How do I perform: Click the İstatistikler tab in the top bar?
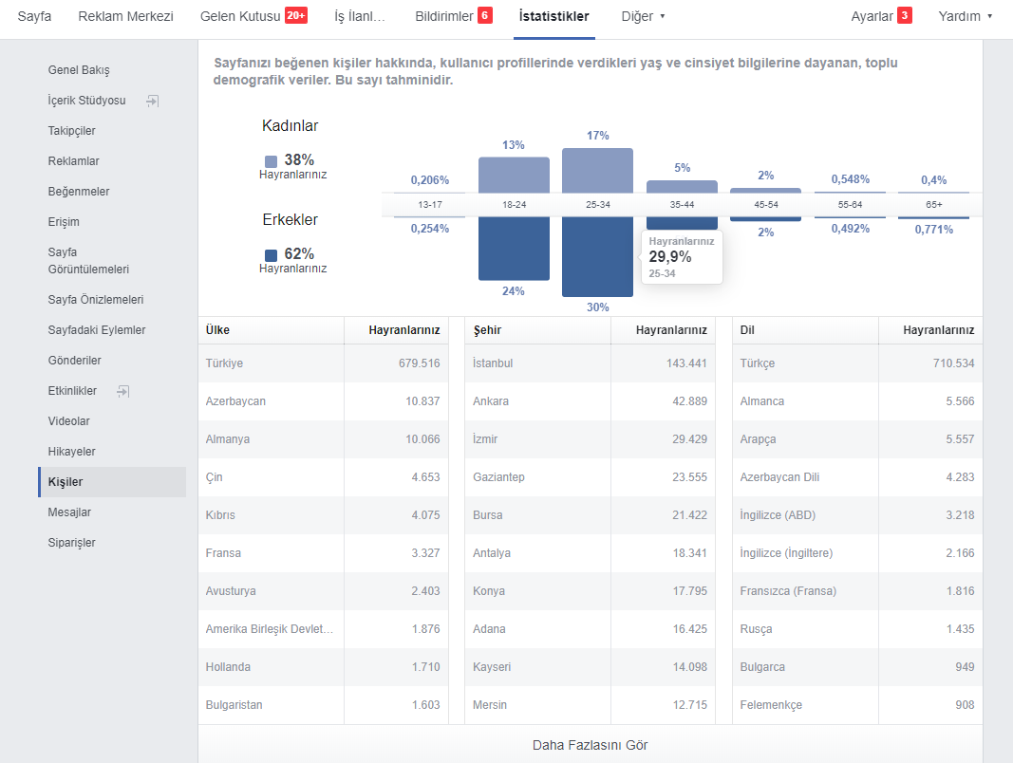point(553,16)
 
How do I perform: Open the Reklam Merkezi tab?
point(126,16)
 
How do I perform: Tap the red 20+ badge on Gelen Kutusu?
point(296,15)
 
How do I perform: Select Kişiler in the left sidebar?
point(66,481)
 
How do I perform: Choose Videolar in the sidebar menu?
point(68,420)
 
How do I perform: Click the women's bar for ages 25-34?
point(597,171)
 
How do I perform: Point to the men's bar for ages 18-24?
point(514,249)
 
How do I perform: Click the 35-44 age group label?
point(682,205)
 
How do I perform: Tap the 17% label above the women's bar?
point(597,136)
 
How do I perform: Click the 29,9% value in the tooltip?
point(670,257)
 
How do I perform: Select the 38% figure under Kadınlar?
point(299,159)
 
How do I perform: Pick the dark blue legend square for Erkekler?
point(272,255)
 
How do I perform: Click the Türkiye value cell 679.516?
point(420,363)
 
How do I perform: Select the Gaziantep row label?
point(498,477)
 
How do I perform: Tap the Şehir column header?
point(487,330)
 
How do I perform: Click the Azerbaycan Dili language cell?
point(779,477)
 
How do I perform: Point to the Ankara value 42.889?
point(689,400)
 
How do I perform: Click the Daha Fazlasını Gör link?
point(590,745)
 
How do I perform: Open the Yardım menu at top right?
point(965,16)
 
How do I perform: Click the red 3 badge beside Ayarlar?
point(905,15)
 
